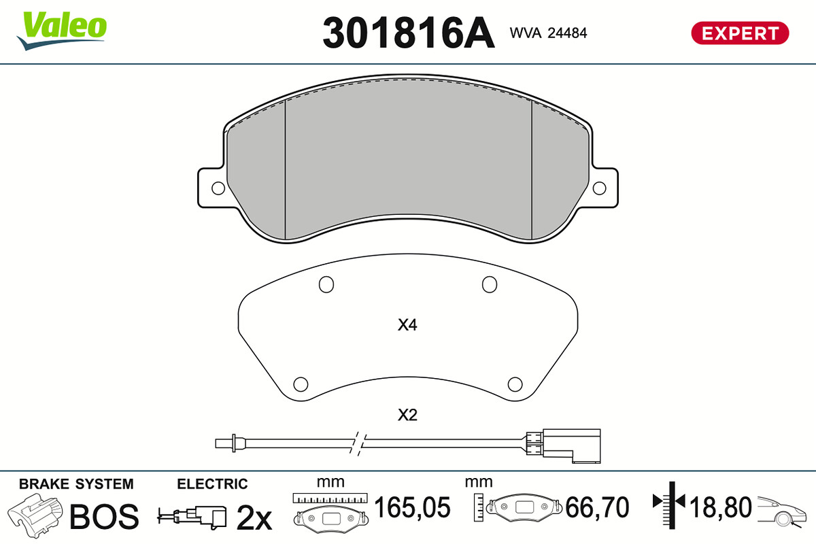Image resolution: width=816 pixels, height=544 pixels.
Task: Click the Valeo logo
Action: coord(62,31)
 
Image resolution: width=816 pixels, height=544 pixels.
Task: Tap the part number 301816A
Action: coord(409,33)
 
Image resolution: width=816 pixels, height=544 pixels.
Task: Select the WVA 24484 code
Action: coord(548,33)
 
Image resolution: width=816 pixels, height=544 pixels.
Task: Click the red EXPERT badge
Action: coord(740,33)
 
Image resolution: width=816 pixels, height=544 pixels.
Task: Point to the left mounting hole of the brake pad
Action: coord(218,188)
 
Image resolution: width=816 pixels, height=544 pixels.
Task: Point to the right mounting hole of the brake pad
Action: coord(599,188)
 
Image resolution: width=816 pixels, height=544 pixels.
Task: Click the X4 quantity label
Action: coord(407,325)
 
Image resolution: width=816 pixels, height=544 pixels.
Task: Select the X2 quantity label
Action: coord(407,415)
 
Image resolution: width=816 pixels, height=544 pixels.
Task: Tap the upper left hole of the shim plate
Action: coord(326,284)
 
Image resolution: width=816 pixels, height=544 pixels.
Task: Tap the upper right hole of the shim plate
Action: coord(489,284)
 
